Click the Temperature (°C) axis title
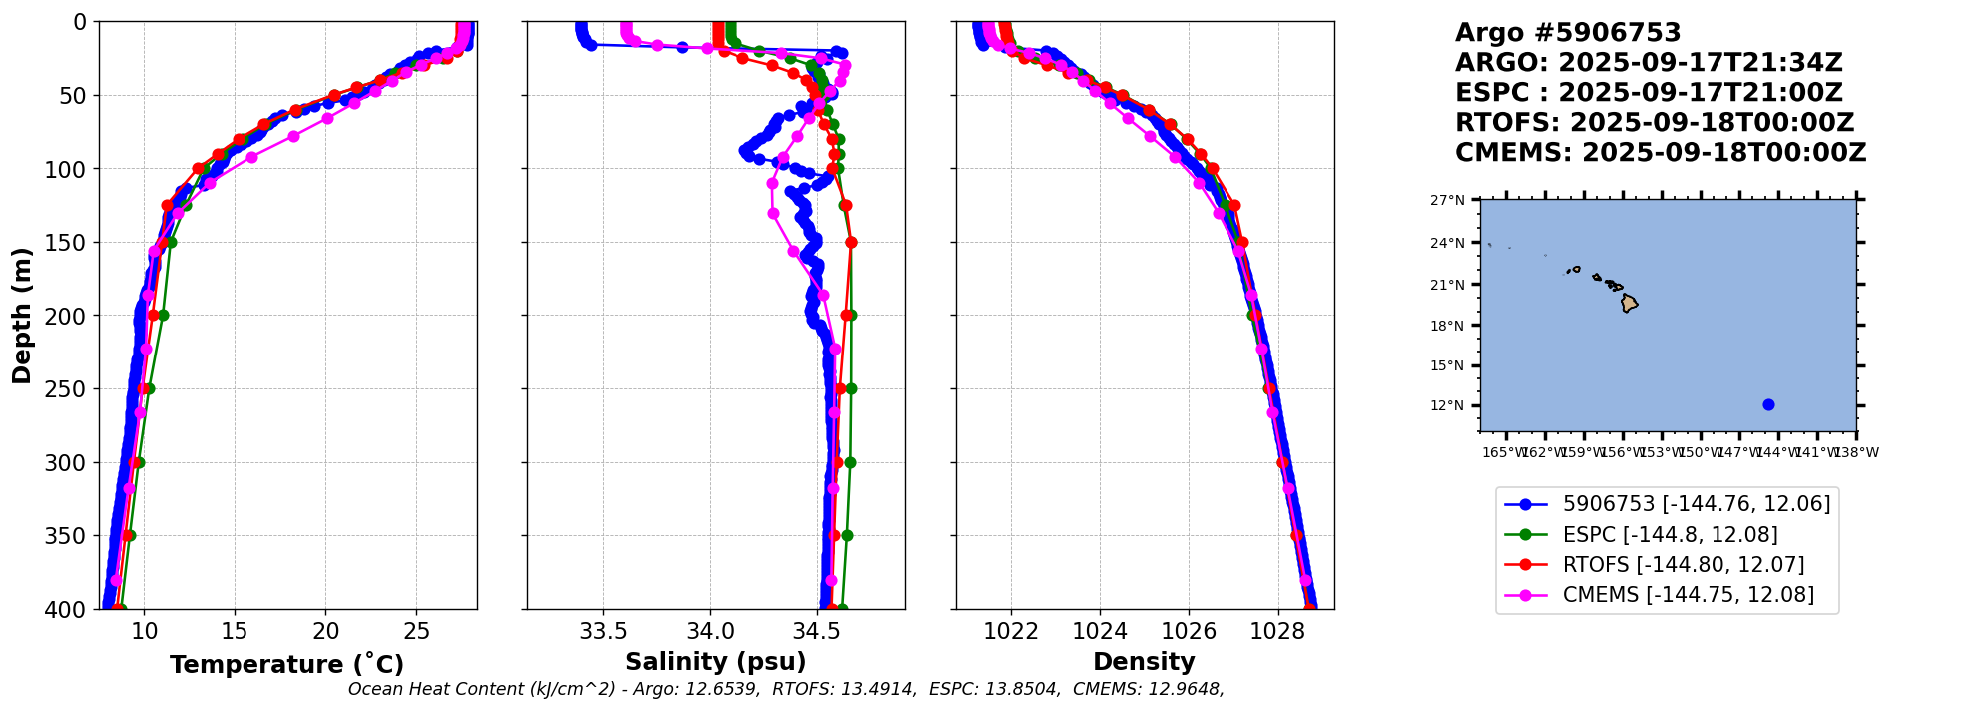pos(286,665)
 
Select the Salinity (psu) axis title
pos(716,662)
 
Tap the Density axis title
pos(1144,662)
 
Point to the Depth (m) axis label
pos(22,315)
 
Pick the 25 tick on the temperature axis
pos(416,632)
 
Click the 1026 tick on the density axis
pos(1189,632)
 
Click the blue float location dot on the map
pos(1768,404)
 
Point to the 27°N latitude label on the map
pos(1447,200)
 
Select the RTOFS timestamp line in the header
pos(1654,123)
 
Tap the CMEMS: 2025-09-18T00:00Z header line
pos(1660,153)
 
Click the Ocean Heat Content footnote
pos(785,689)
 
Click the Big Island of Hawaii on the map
pos(1629,303)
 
